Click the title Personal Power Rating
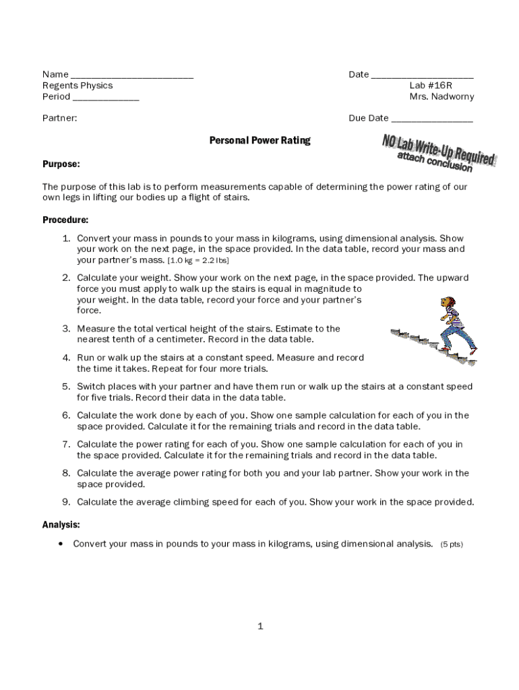click(259, 141)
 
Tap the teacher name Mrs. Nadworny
click(441, 96)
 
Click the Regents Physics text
click(78, 86)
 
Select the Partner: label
click(60, 118)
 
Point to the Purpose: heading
click(61, 164)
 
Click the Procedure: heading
click(65, 220)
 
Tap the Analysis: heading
click(61, 524)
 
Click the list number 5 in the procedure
click(67, 387)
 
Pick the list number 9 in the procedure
click(67, 502)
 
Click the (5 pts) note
click(452, 544)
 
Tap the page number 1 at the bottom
click(260, 627)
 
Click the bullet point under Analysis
click(61, 544)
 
